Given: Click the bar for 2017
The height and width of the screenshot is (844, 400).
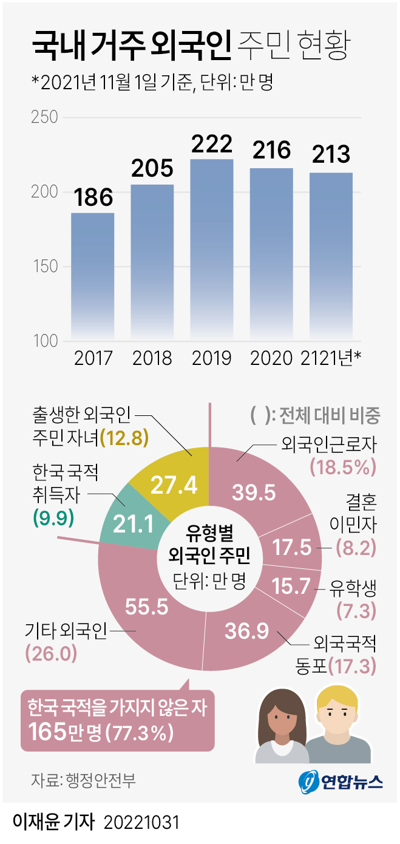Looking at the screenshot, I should coord(92,276).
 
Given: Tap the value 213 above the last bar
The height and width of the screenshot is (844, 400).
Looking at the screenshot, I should coord(331,155).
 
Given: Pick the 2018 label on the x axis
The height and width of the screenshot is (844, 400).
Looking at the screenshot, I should coord(152,358).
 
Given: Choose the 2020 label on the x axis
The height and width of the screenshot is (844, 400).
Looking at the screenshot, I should coord(272,358).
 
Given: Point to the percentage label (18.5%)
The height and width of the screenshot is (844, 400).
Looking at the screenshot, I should coord(344,466).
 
